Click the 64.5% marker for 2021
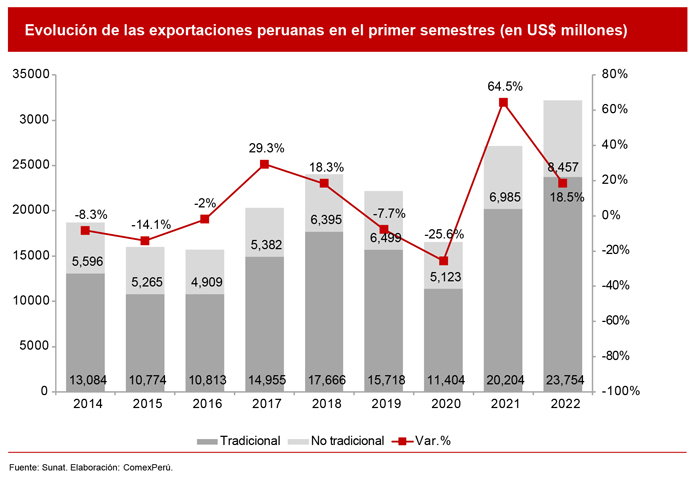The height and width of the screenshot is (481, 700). (503, 102)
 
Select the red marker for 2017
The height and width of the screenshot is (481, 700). (264, 164)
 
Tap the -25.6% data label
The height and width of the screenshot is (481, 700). (443, 234)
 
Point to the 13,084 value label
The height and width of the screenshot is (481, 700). (85, 379)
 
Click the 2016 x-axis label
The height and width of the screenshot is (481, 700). (204, 405)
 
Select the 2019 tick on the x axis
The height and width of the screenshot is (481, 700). (383, 405)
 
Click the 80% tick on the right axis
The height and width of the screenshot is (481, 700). (614, 75)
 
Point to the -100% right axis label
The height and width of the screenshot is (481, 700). (619, 392)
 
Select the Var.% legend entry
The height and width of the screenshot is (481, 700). (420, 441)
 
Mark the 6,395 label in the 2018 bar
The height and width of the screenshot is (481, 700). (324, 219)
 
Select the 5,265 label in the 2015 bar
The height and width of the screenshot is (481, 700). (145, 266)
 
